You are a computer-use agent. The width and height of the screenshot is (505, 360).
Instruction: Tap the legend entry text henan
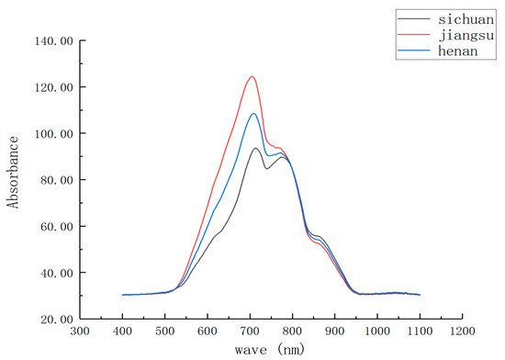pyautogui.click(x=450, y=49)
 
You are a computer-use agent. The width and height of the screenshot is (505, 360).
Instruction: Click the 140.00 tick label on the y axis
pyautogui.click(x=53, y=41)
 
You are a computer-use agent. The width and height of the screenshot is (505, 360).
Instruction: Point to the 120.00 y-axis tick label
pyautogui.click(x=53, y=87)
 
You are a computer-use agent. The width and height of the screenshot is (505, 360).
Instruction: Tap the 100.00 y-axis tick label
pyautogui.click(x=53, y=134)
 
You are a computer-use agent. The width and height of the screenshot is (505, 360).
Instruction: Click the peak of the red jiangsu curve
pyautogui.click(x=252, y=76)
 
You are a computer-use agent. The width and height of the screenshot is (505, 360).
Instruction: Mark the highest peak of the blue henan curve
pyautogui.click(x=253, y=113)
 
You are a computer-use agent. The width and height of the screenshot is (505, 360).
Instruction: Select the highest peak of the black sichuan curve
pyautogui.click(x=255, y=148)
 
